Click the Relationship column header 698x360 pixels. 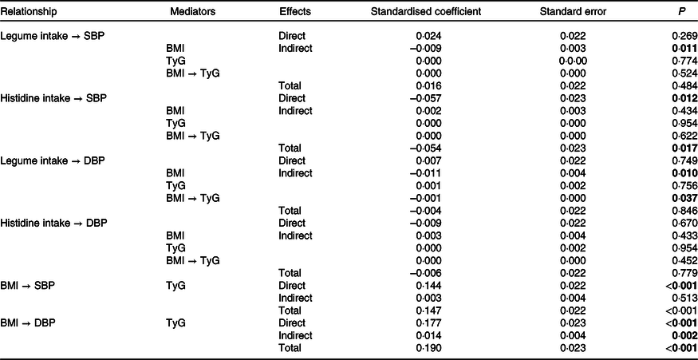click(x=30, y=12)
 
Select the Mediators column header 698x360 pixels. click(x=193, y=12)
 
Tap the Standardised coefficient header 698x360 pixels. click(x=427, y=12)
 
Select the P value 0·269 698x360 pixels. click(x=685, y=36)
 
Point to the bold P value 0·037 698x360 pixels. click(x=685, y=198)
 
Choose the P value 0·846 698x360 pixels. click(x=685, y=210)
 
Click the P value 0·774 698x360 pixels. click(x=685, y=61)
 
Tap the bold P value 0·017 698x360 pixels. click(x=685, y=148)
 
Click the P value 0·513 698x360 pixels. click(x=685, y=298)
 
